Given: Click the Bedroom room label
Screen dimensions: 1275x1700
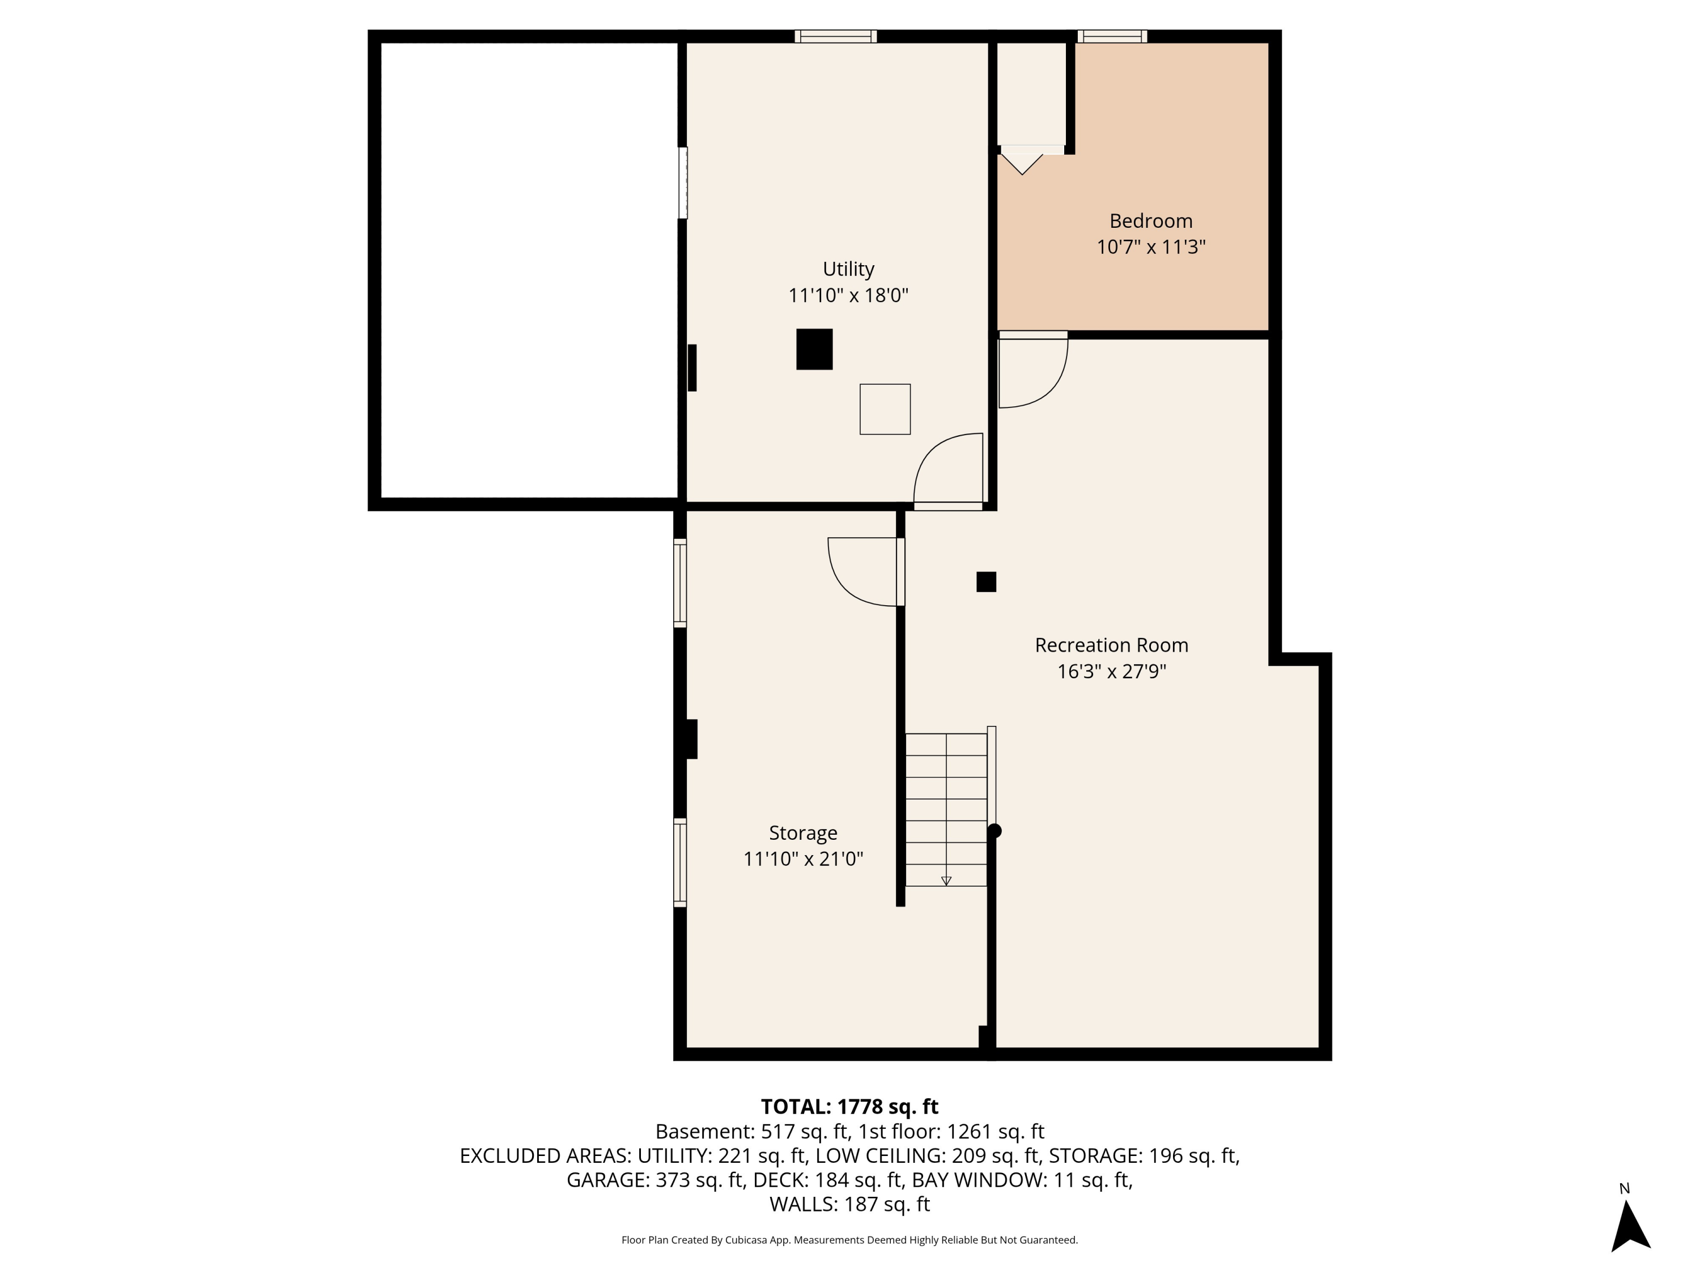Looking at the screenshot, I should pos(1150,222).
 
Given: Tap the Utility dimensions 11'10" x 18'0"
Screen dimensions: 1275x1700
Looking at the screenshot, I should pos(848,295).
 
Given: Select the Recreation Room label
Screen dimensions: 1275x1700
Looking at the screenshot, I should pos(1111,645).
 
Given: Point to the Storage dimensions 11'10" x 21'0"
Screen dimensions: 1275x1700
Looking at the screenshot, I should pos(803,858).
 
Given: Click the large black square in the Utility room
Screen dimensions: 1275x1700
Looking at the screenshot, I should pos(814,349).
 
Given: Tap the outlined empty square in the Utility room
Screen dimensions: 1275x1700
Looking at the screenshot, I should pos(885,409).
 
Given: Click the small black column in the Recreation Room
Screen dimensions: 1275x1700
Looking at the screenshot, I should pos(986,582).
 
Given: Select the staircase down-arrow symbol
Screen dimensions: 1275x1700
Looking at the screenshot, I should pos(946,881).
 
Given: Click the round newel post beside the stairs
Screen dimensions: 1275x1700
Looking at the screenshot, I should pos(994,831).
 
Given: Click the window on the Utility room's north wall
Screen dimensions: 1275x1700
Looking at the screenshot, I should pos(835,36).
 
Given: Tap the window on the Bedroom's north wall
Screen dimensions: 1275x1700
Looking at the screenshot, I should pos(1111,36).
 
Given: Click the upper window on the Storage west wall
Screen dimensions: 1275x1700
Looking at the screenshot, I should pos(680,583).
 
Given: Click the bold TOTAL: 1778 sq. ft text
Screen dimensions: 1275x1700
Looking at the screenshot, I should pos(849,1107).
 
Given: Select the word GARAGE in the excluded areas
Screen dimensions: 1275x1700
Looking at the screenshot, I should pos(607,1180).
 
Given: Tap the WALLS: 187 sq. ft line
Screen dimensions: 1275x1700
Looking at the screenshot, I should pos(849,1204).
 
